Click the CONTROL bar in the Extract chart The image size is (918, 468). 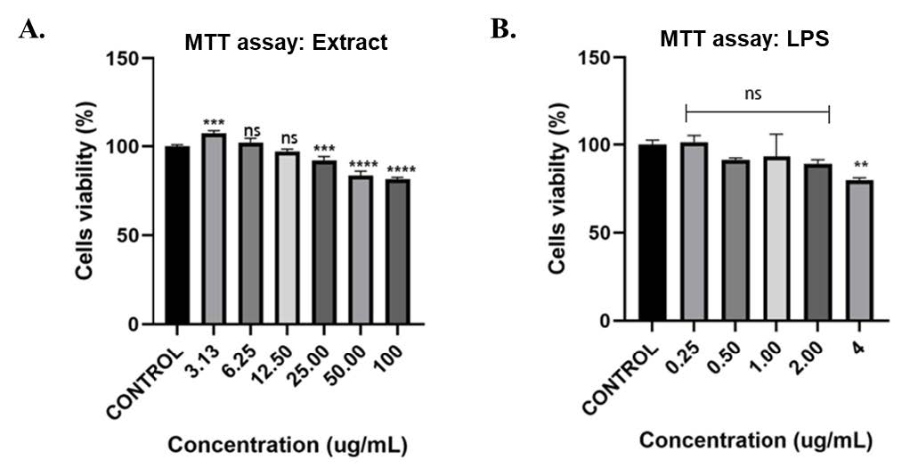coord(177,235)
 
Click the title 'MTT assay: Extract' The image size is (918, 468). coord(286,42)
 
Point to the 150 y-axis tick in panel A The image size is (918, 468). coord(124,59)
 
